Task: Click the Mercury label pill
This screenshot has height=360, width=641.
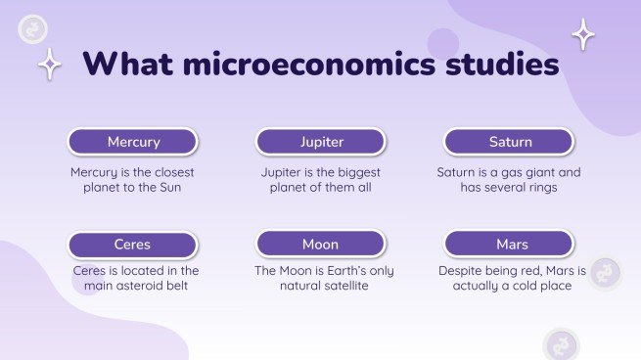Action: (133, 142)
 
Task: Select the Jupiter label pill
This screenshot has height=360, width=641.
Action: (321, 142)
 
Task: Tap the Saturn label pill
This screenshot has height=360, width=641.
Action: (509, 142)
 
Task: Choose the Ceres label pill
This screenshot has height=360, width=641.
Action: (133, 244)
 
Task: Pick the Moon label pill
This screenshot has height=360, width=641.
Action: (321, 244)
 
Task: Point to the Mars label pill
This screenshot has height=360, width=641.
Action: (509, 244)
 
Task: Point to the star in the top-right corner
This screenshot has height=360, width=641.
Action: (583, 34)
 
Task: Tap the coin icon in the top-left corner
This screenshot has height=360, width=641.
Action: (33, 30)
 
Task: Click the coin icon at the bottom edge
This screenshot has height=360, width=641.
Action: (562, 345)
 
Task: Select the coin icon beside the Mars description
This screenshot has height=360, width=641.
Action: (606, 273)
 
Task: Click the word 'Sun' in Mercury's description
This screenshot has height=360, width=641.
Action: (169, 187)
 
